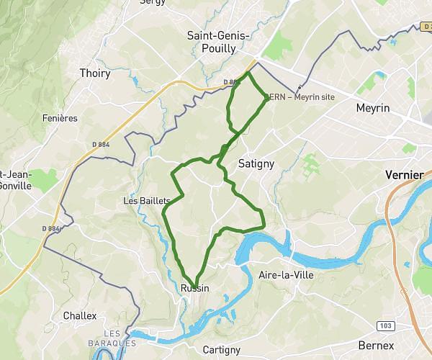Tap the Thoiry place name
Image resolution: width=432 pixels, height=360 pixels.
click(x=95, y=73)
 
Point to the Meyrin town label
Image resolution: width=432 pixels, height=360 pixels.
click(x=373, y=108)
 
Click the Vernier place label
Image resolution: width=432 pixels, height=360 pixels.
click(x=405, y=174)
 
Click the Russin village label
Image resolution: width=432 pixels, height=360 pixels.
click(x=195, y=288)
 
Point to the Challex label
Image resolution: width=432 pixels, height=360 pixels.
click(x=79, y=315)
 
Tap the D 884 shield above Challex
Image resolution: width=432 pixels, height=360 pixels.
click(x=50, y=228)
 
